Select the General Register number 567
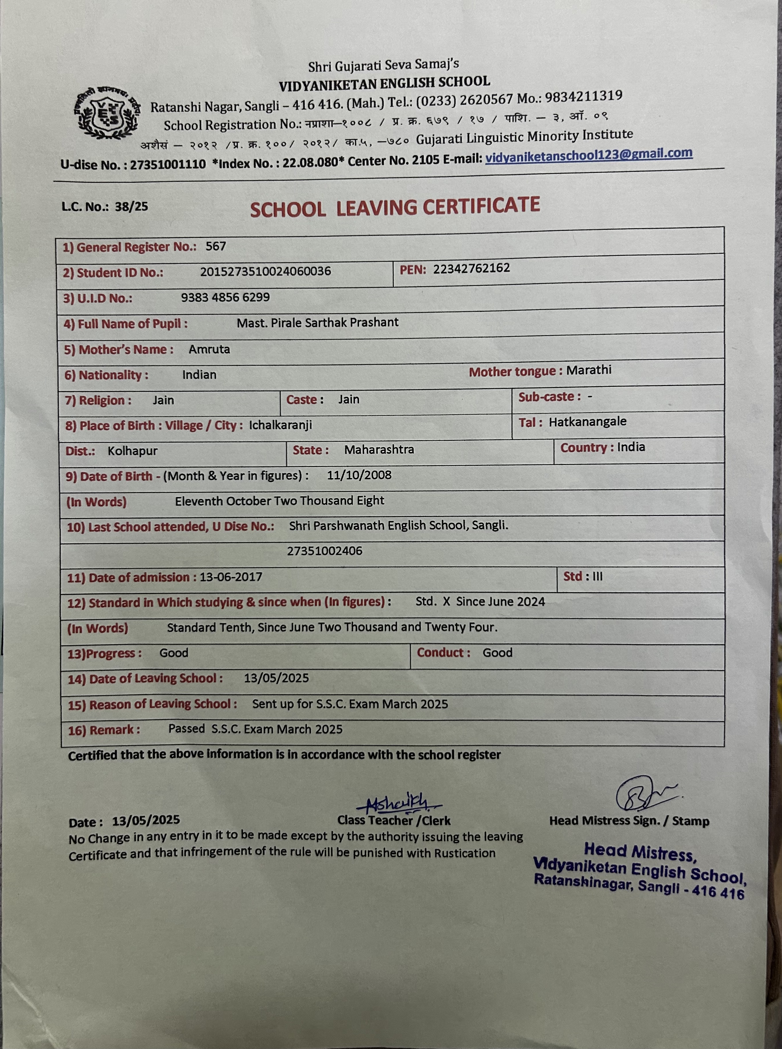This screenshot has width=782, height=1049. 215,246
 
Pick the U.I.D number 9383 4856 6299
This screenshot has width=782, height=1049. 225,297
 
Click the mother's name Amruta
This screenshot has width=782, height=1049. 209,349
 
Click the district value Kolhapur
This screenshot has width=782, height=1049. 132,451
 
